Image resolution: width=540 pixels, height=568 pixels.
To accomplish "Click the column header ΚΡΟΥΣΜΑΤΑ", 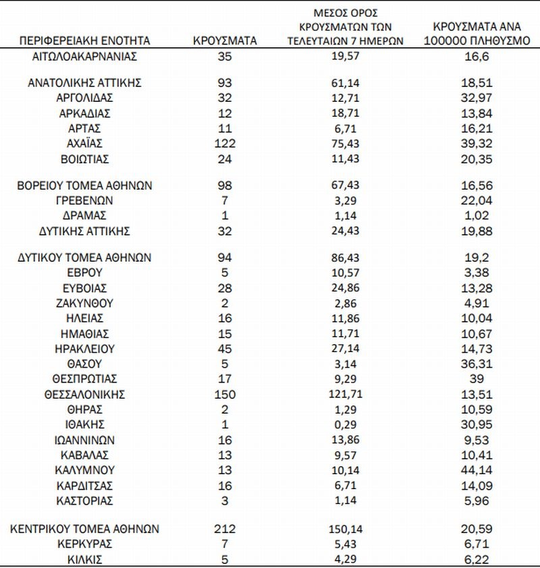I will [x=225, y=41].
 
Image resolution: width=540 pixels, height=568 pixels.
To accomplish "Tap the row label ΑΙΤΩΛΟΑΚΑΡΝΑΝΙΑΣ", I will [x=85, y=57].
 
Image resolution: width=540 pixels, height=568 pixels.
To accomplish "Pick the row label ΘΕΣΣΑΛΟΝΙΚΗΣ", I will [x=85, y=394].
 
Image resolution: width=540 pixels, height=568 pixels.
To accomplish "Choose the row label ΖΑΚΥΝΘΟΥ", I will [x=85, y=303].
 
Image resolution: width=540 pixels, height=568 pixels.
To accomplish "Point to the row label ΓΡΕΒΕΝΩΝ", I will [x=85, y=200].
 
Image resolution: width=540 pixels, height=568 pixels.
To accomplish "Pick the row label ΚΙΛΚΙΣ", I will [x=85, y=559].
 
